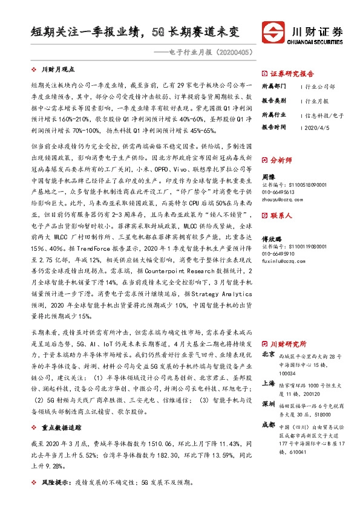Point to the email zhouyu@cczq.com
(x=281, y=198)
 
